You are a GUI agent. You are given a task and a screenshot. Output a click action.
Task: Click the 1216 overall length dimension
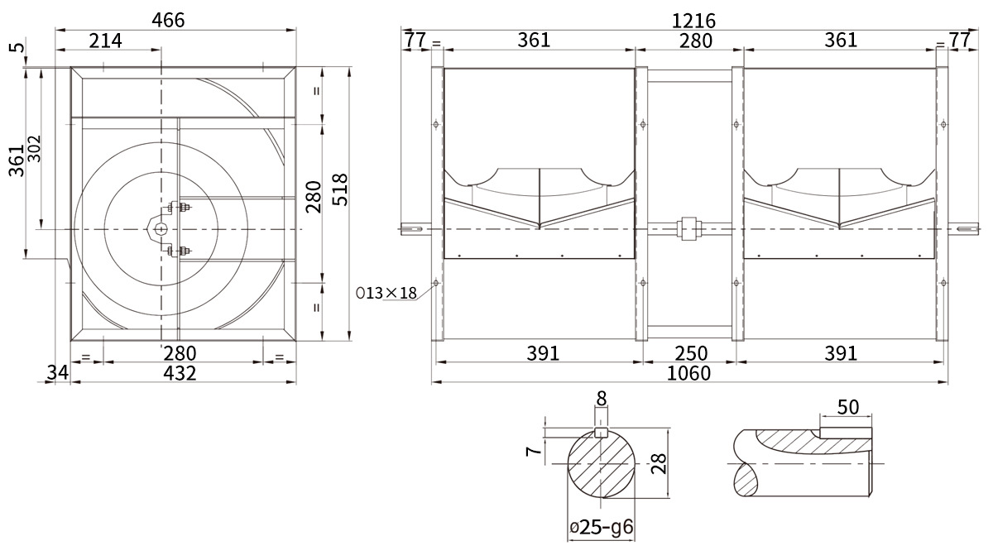coord(693,21)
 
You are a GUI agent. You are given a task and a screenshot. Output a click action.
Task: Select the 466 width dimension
coord(168,21)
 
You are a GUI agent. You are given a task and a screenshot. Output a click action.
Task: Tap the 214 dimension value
coord(106,41)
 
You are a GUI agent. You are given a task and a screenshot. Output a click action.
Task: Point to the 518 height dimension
coord(340,189)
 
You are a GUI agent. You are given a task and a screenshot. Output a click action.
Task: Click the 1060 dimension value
coord(688,374)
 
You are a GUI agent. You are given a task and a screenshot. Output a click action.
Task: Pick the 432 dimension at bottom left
coord(180,374)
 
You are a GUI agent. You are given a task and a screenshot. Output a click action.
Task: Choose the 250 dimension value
coord(691,353)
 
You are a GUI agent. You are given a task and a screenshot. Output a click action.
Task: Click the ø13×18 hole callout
coord(386,293)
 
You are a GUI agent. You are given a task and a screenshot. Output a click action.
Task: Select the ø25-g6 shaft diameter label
coord(602,527)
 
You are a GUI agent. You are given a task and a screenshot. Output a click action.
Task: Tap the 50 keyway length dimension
coord(848,407)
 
